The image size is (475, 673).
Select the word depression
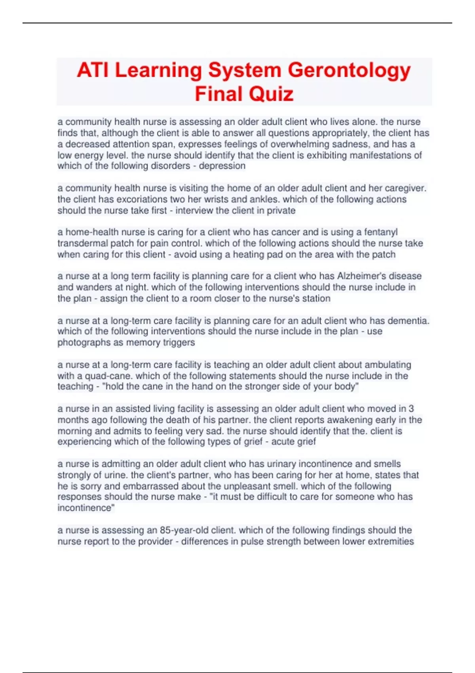pos(222,166)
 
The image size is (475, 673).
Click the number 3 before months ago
pos(411,409)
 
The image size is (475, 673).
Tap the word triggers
pos(179,342)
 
